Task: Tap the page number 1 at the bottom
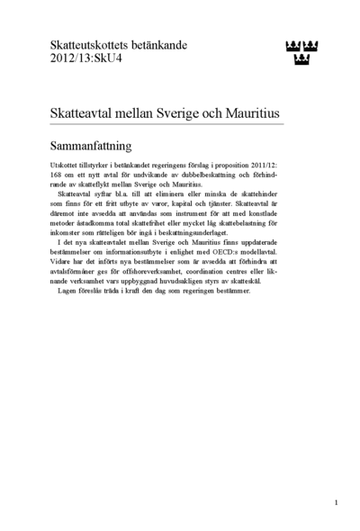336,502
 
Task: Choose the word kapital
179,203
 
